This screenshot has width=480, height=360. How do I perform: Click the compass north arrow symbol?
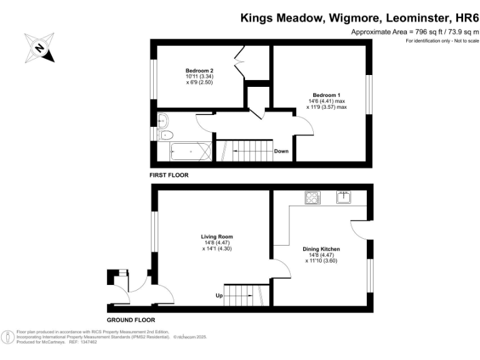coord(39,47)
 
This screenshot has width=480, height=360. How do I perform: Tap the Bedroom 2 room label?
coord(199,70)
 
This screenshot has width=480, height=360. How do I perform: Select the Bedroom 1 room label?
coord(326,95)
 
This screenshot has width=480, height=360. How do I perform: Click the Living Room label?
coord(216,237)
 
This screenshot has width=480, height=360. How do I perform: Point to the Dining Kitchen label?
coord(321,249)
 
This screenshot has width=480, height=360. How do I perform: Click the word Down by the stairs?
coord(281,151)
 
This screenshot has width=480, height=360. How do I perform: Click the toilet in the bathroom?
coord(166,135)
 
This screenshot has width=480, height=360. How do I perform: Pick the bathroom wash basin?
coord(162,120)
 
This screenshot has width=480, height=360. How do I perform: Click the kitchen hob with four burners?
coord(312,198)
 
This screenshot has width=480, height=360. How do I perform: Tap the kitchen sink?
coord(344,198)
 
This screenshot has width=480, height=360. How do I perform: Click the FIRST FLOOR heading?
coord(168,176)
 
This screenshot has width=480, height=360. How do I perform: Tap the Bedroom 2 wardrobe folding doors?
coord(240,63)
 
